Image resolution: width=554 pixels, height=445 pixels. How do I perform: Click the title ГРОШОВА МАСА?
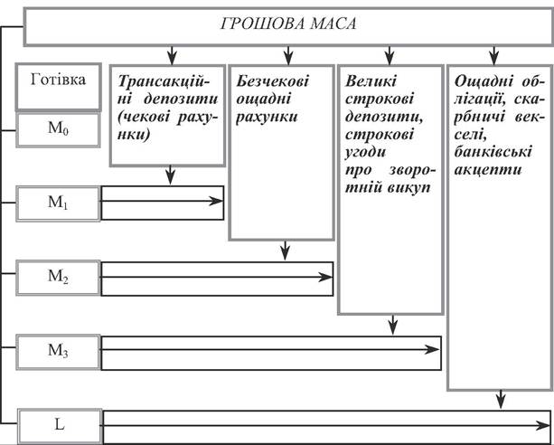(x=288, y=24)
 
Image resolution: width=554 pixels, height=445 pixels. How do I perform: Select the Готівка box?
(x=59, y=87)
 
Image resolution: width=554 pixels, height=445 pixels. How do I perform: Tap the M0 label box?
(x=58, y=130)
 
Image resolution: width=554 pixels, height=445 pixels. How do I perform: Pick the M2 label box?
(x=58, y=278)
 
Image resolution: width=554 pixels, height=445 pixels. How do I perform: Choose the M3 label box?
(x=58, y=352)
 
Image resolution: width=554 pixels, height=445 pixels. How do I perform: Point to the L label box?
(x=60, y=426)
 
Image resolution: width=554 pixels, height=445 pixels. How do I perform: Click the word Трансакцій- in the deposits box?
(x=164, y=81)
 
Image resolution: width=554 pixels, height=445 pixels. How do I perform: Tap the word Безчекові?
(x=272, y=81)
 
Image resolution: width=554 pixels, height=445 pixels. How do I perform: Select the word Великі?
(x=371, y=81)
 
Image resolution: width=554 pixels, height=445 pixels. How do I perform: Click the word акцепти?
(x=488, y=171)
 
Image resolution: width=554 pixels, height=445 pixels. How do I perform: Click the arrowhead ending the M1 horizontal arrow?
(x=216, y=201)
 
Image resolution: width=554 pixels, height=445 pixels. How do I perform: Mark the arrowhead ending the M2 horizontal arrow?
(x=325, y=277)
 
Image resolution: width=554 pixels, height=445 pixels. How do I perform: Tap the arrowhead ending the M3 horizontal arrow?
(x=432, y=349)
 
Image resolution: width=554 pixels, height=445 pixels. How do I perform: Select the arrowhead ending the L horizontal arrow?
(x=543, y=425)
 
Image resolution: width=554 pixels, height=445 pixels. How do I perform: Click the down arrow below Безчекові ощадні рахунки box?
(x=285, y=251)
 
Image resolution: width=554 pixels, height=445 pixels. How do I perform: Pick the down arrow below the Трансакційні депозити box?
(x=171, y=175)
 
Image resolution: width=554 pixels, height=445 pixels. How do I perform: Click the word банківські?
(x=493, y=153)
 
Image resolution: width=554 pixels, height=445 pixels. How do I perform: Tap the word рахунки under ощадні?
(x=267, y=117)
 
